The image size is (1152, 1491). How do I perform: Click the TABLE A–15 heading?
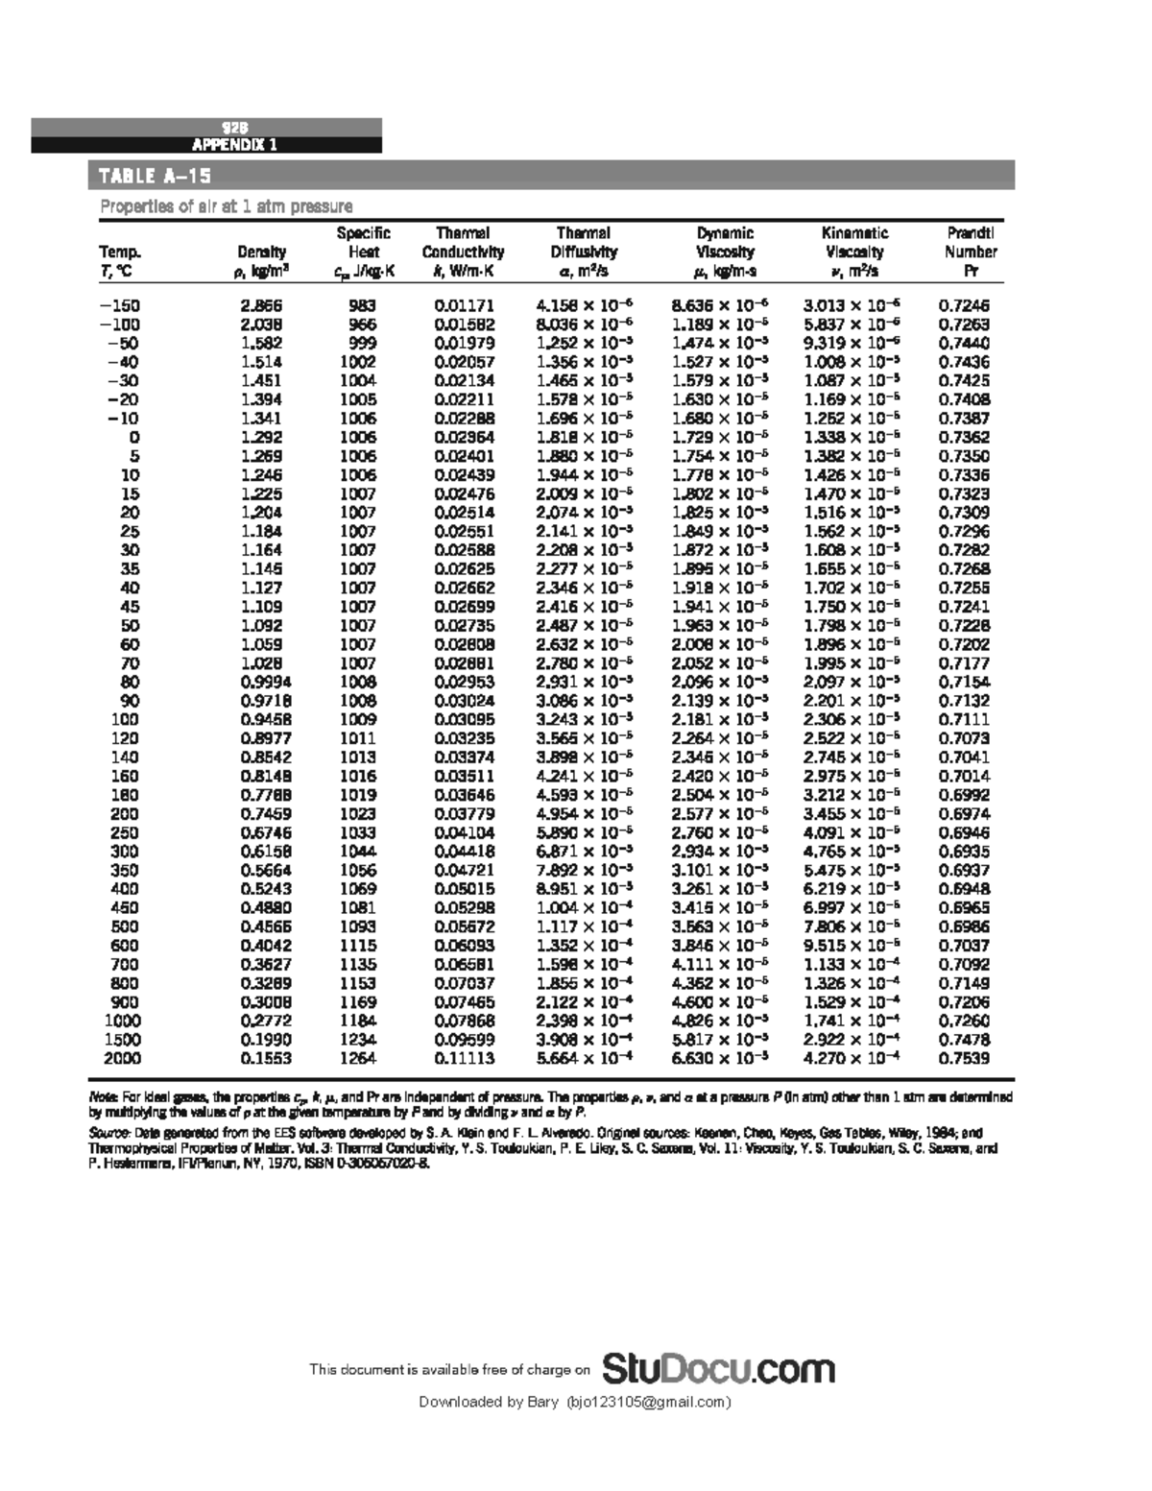[x=151, y=176]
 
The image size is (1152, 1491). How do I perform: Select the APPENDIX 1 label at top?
[x=235, y=145]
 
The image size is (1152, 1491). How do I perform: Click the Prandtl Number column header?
[x=971, y=253]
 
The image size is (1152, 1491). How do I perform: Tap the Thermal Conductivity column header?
[x=463, y=253]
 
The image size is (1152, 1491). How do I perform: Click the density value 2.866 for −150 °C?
[x=261, y=306]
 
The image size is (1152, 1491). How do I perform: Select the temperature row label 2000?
[x=122, y=1058]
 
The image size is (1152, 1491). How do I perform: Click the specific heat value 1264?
[x=358, y=1058]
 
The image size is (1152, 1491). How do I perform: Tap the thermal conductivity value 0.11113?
[x=465, y=1058]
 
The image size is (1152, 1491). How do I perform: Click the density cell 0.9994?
[x=265, y=682]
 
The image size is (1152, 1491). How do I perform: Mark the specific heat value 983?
[x=362, y=306]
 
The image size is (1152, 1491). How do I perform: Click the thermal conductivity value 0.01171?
[x=465, y=306]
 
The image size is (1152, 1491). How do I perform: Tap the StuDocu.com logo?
[x=718, y=1368]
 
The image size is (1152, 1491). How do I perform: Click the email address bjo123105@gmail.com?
[x=648, y=1403]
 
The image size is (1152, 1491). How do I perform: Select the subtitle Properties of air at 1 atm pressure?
[x=227, y=206]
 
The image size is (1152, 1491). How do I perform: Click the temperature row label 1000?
[x=122, y=1021]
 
